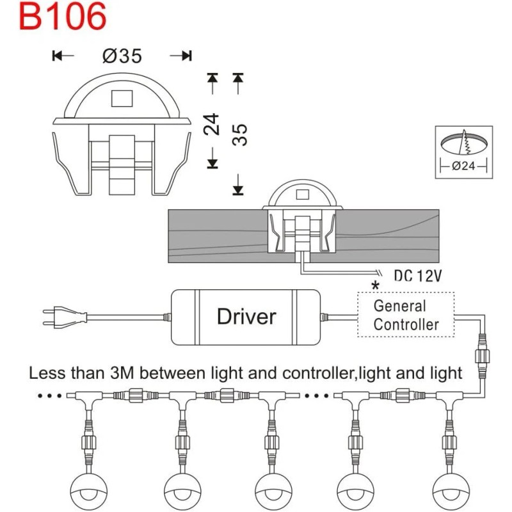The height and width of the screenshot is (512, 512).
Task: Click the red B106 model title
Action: tap(63, 17)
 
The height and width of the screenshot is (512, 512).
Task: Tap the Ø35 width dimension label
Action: tap(122, 56)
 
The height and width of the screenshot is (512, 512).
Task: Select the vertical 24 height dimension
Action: tap(212, 124)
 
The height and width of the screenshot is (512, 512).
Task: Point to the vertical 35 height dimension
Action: tap(239, 134)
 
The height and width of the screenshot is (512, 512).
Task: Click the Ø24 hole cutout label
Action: tap(463, 166)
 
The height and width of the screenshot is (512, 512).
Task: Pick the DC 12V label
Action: tap(418, 276)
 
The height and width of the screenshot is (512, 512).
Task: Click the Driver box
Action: tap(246, 317)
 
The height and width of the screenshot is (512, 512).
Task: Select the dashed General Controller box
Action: tap(406, 314)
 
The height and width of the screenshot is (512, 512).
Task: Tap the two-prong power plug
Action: tap(65, 316)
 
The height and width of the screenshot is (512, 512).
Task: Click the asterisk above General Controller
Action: tap(376, 285)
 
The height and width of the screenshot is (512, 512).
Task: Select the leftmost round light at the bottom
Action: tap(89, 492)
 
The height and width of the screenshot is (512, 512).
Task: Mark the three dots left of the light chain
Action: tap(50, 396)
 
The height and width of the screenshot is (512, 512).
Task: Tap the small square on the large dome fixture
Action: tap(122, 99)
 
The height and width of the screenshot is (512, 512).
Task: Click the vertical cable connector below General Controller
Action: tap(482, 356)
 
